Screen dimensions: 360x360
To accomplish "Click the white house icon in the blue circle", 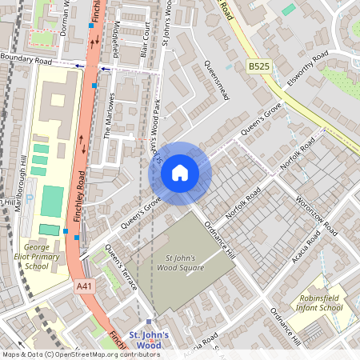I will coord(180,172).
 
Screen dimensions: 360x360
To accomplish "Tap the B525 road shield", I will coord(258,68).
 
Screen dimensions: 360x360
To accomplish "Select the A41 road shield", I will coord(84,286).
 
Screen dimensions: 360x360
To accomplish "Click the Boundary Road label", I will coord(26,59).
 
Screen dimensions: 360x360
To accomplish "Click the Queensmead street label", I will coord(218,82).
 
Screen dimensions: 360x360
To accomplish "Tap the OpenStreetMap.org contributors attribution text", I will coord(115,354).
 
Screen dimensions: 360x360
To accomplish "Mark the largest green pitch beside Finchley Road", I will coord(52,201).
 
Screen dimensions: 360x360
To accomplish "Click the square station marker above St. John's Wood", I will coord(148,322).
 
